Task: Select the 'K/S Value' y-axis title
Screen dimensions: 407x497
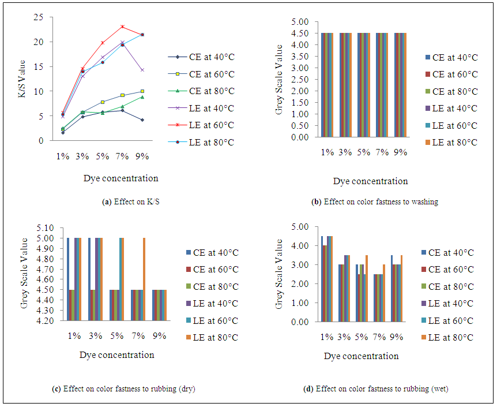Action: click(22, 80)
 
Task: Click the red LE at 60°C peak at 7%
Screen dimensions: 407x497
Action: click(122, 27)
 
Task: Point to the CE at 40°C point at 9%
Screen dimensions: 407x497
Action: click(142, 120)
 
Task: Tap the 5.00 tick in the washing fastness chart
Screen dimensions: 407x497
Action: click(300, 22)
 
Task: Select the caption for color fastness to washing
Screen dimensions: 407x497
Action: click(374, 202)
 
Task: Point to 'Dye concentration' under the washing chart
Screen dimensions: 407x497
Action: click(370, 181)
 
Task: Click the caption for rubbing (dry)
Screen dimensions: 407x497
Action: click(124, 389)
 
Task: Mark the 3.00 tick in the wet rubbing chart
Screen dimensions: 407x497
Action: click(302, 265)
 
